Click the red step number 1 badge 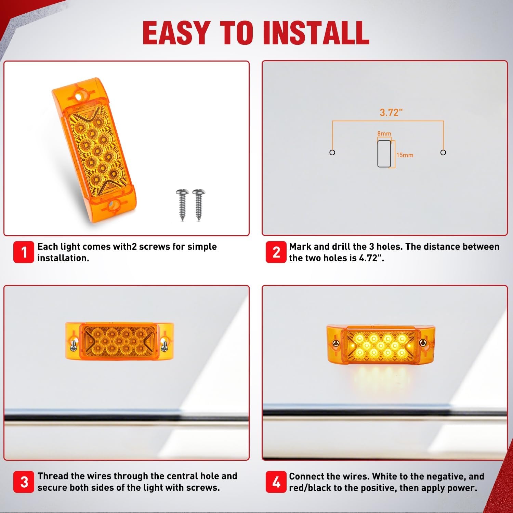pos(24,252)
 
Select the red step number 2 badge pos(276,252)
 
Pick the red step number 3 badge pos(24,482)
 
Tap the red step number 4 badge pos(276,482)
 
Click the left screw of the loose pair pos(182,205)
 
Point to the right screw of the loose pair pos(199,205)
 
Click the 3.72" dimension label pos(391,112)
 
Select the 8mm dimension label pos(384,133)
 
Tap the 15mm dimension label pos(405,155)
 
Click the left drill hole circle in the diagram pos(332,152)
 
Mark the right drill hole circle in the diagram pos(443,152)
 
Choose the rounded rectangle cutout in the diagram pos(384,154)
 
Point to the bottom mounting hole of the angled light pos(112,206)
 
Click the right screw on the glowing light pos(423,342)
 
